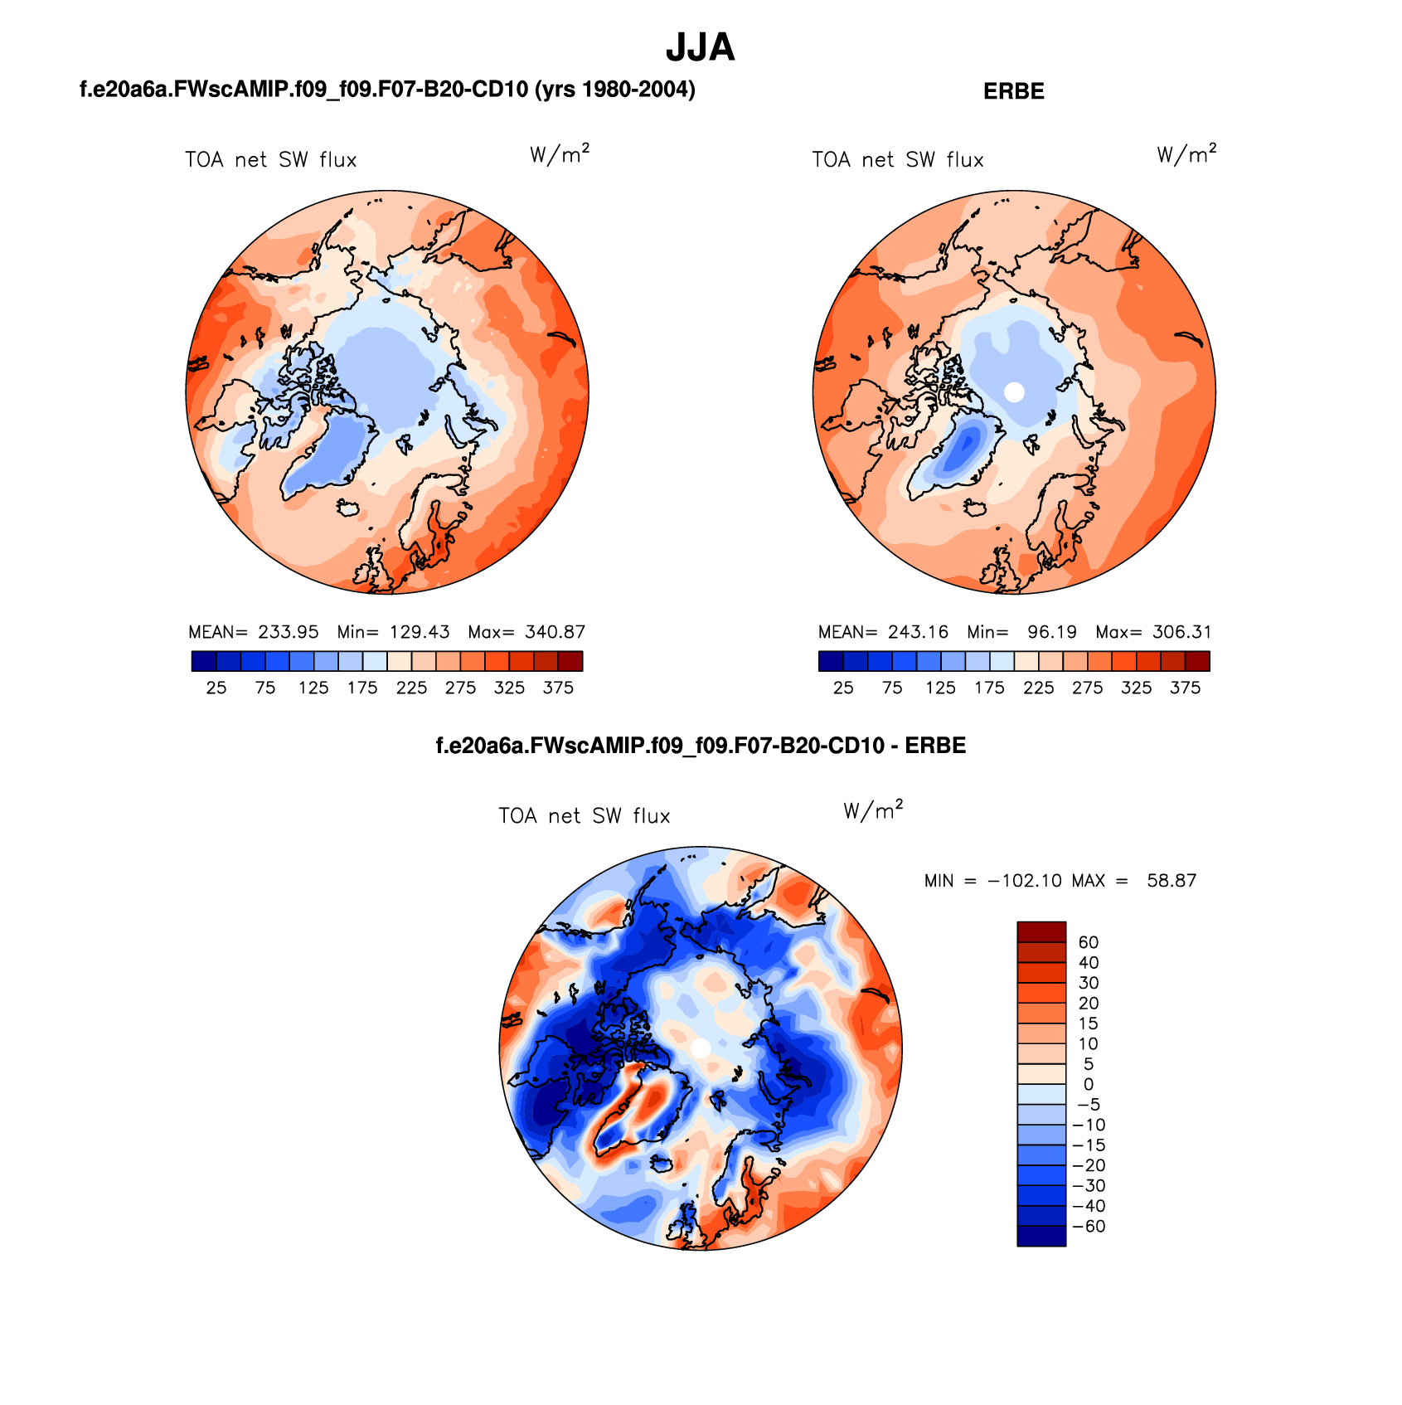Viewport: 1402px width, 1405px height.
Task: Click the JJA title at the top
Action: pos(700,48)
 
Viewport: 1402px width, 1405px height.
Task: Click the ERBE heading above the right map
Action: pos(1013,91)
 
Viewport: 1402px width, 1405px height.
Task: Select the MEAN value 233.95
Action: pos(288,632)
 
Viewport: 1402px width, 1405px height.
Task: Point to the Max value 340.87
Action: pos(555,632)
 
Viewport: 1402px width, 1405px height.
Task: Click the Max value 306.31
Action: pos(1181,632)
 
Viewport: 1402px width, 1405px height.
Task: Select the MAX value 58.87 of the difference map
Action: pos(1172,881)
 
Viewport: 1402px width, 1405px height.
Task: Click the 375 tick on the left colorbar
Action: pos(558,688)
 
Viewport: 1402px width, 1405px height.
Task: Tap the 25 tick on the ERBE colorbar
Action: pos(843,688)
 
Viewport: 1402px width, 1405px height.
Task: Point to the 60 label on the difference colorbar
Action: pos(1088,942)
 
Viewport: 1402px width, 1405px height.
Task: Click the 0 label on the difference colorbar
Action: pos(1088,1084)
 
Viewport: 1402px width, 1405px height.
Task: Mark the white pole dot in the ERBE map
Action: pos(1013,392)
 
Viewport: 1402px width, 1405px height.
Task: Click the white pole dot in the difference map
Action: pos(700,1048)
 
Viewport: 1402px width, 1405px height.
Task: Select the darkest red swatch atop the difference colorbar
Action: pos(1041,931)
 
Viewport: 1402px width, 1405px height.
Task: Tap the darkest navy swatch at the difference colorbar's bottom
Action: pos(1041,1236)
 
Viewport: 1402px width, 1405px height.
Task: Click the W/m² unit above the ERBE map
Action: pos(1186,154)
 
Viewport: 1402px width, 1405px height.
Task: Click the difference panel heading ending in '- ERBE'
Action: pos(701,746)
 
